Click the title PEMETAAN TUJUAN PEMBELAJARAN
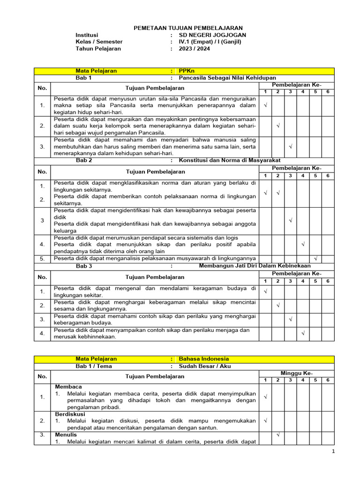click(182, 28)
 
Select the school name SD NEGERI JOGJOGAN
click(213, 35)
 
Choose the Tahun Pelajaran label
click(98, 48)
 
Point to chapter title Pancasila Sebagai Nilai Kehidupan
click(228, 78)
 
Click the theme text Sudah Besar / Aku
click(205, 366)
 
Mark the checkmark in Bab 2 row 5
click(315, 258)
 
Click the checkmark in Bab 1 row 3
click(290, 147)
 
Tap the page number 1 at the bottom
click(333, 451)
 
